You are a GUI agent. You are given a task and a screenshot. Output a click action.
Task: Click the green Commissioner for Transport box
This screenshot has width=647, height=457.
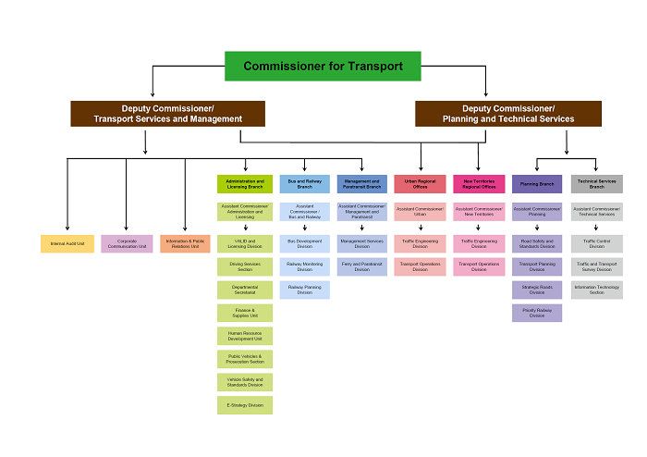[x=323, y=66]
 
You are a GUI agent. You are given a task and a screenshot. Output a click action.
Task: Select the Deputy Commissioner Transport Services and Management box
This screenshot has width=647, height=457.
[x=167, y=114]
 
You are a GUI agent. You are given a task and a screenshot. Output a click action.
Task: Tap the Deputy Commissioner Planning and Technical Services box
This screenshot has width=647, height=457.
[x=507, y=114]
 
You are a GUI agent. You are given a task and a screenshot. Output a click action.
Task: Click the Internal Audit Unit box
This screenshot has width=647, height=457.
[x=67, y=244]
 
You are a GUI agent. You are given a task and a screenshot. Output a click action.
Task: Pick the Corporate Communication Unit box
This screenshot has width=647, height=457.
[x=127, y=244]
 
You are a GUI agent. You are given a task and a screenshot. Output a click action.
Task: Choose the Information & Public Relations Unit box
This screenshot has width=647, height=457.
[x=186, y=244]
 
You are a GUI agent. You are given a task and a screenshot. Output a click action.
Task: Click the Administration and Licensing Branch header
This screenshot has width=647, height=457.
[x=245, y=184]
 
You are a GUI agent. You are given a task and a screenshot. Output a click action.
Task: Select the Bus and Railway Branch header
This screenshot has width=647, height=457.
[x=304, y=184]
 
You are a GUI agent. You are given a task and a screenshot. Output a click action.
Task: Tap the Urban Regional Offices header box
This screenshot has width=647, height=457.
[x=420, y=184]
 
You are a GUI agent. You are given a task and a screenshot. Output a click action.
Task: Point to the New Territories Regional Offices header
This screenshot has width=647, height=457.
[x=479, y=184]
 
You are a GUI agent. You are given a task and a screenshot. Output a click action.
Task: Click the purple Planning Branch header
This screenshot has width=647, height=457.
[x=537, y=184]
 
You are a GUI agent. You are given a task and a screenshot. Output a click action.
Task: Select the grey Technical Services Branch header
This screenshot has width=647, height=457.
[x=596, y=184]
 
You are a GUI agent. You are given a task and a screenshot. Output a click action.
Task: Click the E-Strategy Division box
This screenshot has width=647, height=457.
[x=245, y=404]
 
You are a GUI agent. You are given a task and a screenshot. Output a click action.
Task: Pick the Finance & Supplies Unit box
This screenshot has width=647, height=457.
[x=245, y=313]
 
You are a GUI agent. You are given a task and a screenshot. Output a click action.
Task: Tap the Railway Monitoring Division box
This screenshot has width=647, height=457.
[x=304, y=266]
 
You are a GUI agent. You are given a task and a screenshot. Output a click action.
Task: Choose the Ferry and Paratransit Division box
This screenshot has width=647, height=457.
[x=362, y=266]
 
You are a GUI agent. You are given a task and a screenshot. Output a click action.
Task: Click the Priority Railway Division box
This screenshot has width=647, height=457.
[x=537, y=313]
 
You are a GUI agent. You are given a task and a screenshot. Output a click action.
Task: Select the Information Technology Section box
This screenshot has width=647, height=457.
[x=596, y=290]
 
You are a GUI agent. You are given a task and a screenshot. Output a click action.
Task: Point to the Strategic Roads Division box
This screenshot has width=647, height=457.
[x=537, y=290]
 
